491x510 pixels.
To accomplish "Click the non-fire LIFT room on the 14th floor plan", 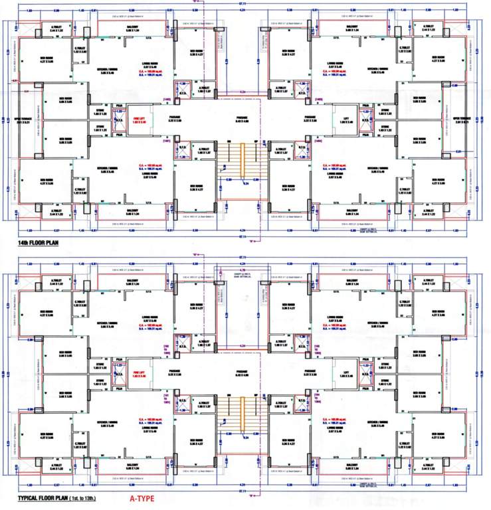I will pos(345,120).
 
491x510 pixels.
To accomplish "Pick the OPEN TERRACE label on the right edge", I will pos(461,120).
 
